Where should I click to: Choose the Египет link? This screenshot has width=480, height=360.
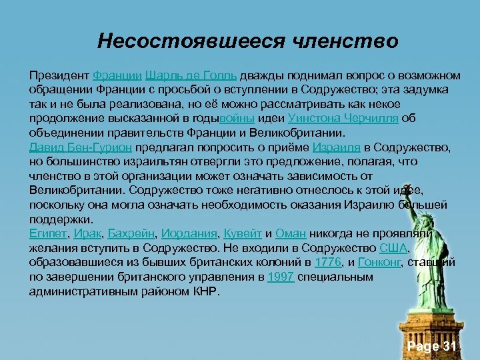47,234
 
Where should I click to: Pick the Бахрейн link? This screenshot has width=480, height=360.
131,234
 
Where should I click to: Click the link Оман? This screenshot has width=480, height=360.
290,234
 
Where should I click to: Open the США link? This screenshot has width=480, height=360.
392,249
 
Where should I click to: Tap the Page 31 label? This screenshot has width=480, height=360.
432,346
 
